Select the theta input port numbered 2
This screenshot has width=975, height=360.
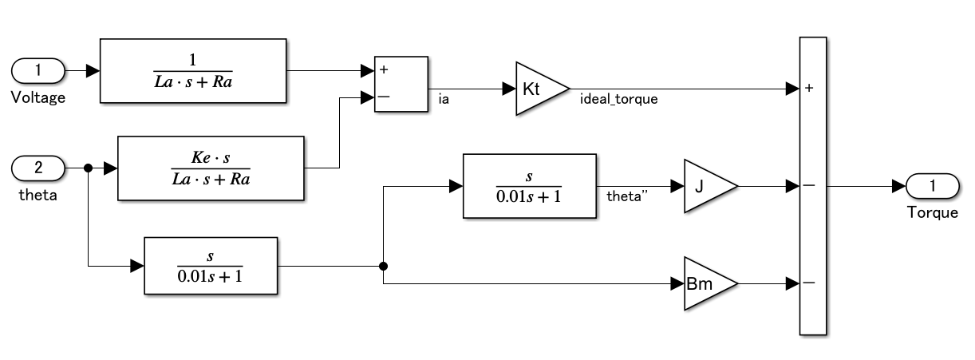pyautogui.click(x=38, y=168)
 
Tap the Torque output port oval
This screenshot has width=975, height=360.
pyautogui.click(x=932, y=186)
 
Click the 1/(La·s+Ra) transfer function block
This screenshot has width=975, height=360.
pyautogui.click(x=193, y=70)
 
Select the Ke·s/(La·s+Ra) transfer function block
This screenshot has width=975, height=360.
pyautogui.click(x=211, y=168)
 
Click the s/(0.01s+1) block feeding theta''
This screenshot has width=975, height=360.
pyautogui.click(x=529, y=186)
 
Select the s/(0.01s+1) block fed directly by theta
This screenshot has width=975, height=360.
pyautogui.click(x=210, y=266)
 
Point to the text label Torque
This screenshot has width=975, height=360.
pyautogui.click(x=932, y=212)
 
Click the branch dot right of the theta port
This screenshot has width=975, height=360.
pyautogui.click(x=88, y=168)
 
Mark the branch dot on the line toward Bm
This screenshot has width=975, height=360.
pyautogui.click(x=384, y=267)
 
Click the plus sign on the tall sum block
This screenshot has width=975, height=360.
pyautogui.click(x=809, y=89)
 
